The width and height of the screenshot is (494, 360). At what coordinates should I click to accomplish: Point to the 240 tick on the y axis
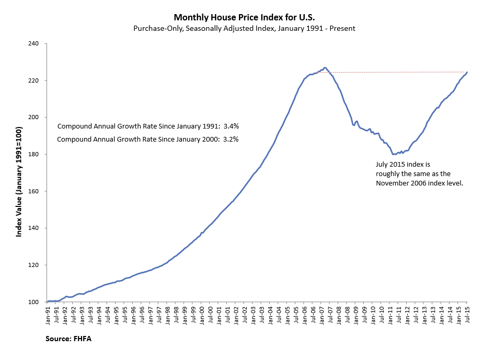[36, 44]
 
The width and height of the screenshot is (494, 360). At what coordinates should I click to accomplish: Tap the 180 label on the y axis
[36, 155]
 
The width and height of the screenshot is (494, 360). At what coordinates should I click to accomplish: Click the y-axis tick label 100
[36, 302]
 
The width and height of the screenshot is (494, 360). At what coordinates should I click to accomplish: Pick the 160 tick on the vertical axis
[36, 191]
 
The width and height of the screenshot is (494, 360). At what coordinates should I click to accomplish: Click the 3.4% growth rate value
[231, 126]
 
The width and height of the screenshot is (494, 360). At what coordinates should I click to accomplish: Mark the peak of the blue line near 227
[325, 67]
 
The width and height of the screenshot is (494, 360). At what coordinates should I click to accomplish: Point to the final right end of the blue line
[467, 72]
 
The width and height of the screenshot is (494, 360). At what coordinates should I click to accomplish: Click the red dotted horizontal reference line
[397, 72]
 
